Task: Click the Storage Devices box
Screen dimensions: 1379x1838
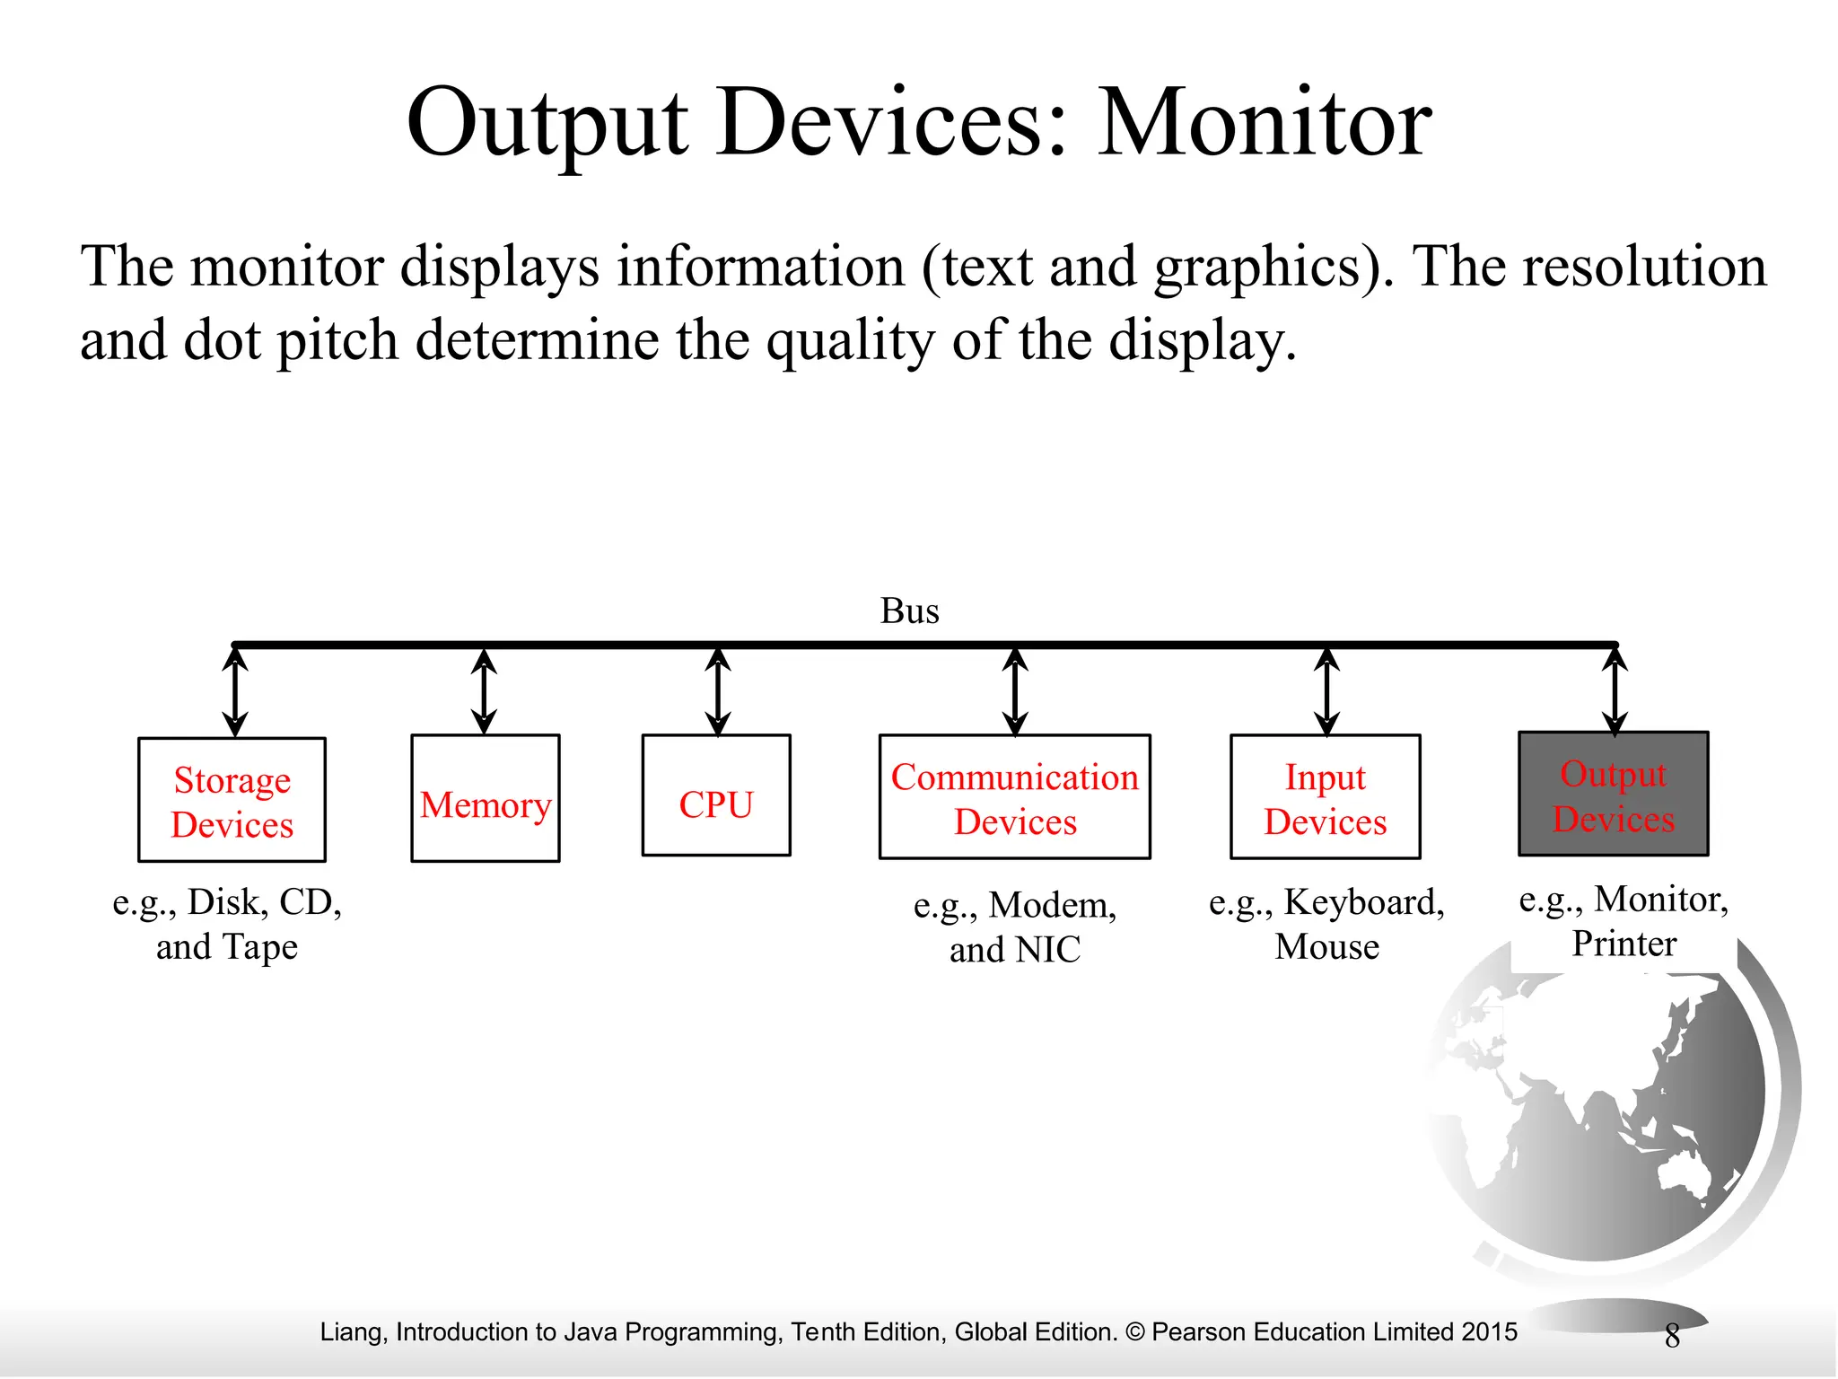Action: tap(232, 800)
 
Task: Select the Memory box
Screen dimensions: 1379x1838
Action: tap(486, 798)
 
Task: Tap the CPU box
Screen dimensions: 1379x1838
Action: tap(716, 795)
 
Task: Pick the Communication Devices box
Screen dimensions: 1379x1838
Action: tap(1014, 797)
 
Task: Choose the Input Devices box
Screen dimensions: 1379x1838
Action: tap(1325, 797)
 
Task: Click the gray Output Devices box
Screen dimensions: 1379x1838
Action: tap(1613, 794)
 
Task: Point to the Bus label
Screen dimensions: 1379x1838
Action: tap(909, 611)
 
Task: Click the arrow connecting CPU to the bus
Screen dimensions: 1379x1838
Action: tap(717, 691)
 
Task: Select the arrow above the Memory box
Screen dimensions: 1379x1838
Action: tap(485, 691)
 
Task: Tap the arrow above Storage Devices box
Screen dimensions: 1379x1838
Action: tap(235, 692)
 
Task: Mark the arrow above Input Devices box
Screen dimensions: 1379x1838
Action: tap(1326, 691)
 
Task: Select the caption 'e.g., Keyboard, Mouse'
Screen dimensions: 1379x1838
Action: tap(1326, 924)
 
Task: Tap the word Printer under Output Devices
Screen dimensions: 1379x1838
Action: tap(1624, 944)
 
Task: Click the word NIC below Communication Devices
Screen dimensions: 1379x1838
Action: tap(1047, 950)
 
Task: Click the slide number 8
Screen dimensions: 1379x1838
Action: tap(1672, 1337)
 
